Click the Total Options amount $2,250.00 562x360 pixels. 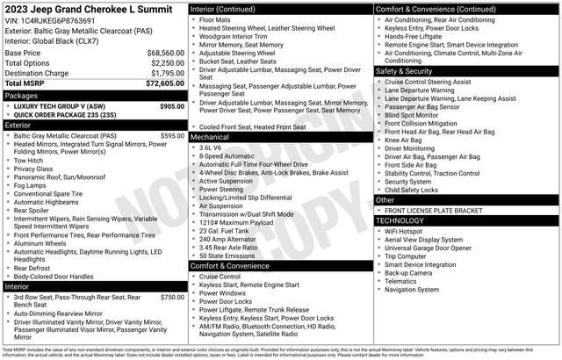[x=167, y=62]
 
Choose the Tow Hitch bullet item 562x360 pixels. [x=29, y=161]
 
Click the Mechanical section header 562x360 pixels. [x=210, y=137]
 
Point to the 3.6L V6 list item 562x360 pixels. [x=211, y=148]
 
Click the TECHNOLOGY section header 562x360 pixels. [x=405, y=220]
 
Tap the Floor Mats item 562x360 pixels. [x=215, y=18]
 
